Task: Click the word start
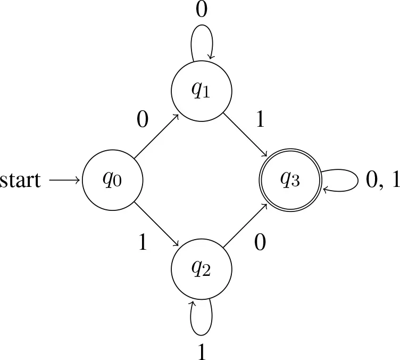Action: pos(20,180)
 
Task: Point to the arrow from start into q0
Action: pos(65,180)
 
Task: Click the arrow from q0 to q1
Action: pos(156,136)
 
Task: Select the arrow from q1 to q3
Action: pos(245,135)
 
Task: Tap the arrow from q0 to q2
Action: pos(156,224)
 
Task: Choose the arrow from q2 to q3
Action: pos(245,225)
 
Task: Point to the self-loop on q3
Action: pos(358,180)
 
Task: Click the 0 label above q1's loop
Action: pos(202,10)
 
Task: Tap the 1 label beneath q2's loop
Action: pos(202,351)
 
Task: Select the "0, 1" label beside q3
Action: pos(382,180)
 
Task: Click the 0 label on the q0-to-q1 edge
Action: pos(143,119)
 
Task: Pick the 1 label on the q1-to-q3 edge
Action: pos(260,119)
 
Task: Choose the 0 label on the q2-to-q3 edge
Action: pos(260,242)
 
